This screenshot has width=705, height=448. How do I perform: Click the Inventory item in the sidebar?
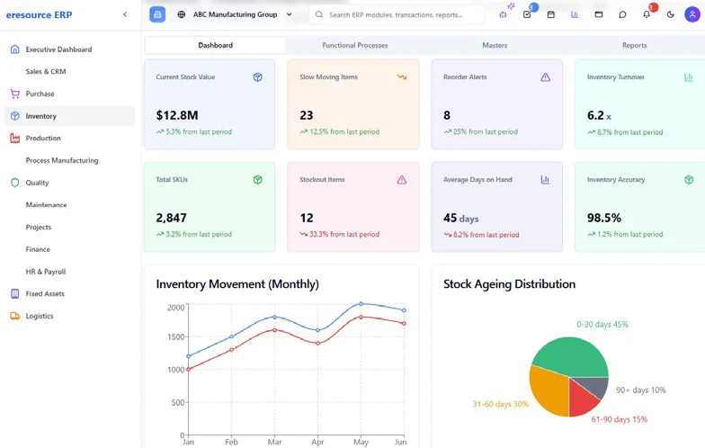tap(41, 116)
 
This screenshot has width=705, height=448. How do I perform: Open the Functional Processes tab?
tap(355, 45)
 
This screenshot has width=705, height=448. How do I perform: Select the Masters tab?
tap(495, 45)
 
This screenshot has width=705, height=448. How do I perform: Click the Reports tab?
tap(634, 45)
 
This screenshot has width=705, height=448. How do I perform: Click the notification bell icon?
tap(647, 14)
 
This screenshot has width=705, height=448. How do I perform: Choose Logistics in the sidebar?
tap(40, 316)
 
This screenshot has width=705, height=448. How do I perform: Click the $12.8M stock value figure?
tap(177, 115)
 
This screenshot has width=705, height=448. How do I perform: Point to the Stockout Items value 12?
tap(307, 218)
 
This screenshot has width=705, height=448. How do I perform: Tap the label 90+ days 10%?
tap(640, 390)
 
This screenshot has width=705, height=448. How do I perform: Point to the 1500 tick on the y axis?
tap(175, 336)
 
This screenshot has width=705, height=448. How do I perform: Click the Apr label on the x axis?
tap(317, 442)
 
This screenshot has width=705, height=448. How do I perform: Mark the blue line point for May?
tap(361, 304)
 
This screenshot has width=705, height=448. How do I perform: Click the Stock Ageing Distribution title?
tap(509, 284)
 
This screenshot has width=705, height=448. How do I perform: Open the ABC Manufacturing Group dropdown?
tap(236, 14)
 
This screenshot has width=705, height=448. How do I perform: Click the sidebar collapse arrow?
tap(125, 14)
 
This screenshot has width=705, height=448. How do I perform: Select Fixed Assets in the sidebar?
tap(45, 293)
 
